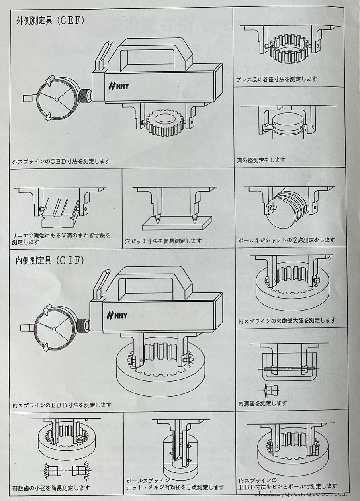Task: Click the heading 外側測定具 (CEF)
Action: pos(50,21)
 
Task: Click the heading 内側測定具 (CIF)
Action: pos(50,261)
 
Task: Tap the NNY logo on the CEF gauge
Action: pos(119,86)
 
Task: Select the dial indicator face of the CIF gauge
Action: pos(54,329)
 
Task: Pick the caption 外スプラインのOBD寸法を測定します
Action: pos(61,161)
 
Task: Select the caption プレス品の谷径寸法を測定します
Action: pos(276,79)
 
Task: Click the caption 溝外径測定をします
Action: pos(261,160)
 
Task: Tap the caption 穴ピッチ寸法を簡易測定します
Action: pos(164,241)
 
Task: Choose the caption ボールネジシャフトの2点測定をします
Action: pos(287,240)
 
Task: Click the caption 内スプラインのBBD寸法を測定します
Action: pos(62,405)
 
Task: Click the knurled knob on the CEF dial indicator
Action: pos(85,96)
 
